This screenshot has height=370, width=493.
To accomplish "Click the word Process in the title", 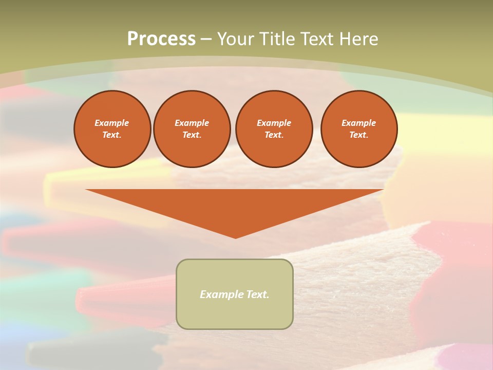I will (x=161, y=39).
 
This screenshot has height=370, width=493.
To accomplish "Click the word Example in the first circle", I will (x=112, y=123).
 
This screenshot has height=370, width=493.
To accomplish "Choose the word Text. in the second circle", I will (x=192, y=135).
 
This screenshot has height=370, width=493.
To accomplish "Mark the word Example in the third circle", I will (x=274, y=123).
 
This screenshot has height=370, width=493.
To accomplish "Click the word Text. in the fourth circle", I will (x=359, y=135).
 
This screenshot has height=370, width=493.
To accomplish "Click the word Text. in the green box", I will (x=258, y=294).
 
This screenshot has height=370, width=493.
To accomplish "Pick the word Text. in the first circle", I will (x=112, y=135).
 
